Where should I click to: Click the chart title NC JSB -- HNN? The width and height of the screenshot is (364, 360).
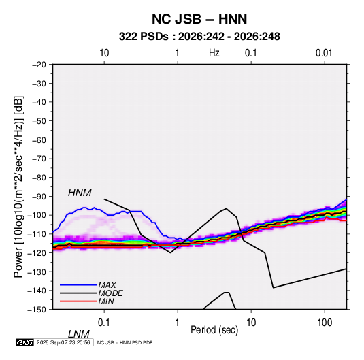pyautogui.click(x=199, y=19)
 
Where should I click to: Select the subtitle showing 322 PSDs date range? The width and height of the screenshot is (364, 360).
pyautogui.click(x=199, y=37)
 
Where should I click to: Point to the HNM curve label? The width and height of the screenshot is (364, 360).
pyautogui.click(x=80, y=193)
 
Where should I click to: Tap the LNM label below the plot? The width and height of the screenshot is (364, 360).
pyautogui.click(x=78, y=334)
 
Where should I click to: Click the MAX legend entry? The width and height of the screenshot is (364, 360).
pyautogui.click(x=107, y=284)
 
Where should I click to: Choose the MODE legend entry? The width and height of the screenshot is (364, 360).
pyautogui.click(x=110, y=293)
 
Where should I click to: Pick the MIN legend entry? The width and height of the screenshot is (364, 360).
pyautogui.click(x=106, y=301)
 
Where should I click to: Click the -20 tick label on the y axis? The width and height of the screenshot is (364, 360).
pyautogui.click(x=39, y=65)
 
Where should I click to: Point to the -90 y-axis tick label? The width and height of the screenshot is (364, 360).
pyautogui.click(x=39, y=197)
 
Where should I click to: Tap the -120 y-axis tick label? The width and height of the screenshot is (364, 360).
pyautogui.click(x=37, y=253)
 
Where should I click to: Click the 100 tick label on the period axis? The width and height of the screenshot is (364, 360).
pyautogui.click(x=324, y=323)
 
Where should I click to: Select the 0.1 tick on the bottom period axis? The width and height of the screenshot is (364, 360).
pyautogui.click(x=104, y=323)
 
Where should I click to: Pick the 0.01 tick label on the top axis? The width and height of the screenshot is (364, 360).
pyautogui.click(x=324, y=53)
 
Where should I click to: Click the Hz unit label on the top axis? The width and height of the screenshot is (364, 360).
pyautogui.click(x=214, y=53)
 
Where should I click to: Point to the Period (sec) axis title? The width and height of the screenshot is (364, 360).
pyautogui.click(x=214, y=330)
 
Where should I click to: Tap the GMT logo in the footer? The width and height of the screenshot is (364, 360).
pyautogui.click(x=25, y=342)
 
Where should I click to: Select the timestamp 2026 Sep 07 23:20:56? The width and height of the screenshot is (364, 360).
pyautogui.click(x=63, y=342)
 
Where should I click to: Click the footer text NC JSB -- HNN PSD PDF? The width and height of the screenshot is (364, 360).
pyautogui.click(x=125, y=342)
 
